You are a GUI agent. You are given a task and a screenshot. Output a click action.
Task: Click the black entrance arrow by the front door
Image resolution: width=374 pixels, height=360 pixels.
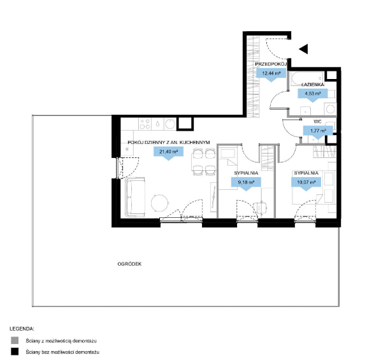click(304, 49)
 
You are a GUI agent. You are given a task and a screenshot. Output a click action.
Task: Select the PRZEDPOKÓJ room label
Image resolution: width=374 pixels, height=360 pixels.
click(271, 64)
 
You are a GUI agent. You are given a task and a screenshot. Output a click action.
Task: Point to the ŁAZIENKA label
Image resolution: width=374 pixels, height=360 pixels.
click(313, 85)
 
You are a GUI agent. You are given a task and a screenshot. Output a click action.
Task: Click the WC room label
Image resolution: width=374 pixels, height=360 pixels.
click(317, 122)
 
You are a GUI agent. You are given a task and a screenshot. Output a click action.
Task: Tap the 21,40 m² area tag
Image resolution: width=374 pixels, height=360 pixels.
click(168, 153)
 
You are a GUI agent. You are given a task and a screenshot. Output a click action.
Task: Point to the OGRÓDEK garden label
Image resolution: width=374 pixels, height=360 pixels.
click(129, 264)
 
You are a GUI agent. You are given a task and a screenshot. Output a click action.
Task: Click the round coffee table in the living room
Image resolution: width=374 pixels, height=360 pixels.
click(159, 203)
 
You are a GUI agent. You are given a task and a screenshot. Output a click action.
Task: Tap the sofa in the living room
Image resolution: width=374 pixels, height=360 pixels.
click(135, 198)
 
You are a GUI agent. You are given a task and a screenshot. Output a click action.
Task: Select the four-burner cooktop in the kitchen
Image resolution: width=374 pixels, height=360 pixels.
click(145, 124)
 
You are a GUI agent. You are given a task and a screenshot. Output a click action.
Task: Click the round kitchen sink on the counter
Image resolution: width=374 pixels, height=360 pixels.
click(170, 124)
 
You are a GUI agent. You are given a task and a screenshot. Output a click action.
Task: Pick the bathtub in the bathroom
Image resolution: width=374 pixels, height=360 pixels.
click(307, 78)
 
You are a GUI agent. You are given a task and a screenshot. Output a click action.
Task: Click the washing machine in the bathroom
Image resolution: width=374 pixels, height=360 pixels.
click(330, 109)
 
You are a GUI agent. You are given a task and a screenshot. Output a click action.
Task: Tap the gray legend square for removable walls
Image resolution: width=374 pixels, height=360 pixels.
click(15, 340)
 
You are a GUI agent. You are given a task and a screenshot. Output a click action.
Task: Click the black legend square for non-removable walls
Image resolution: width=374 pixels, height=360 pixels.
click(15, 352)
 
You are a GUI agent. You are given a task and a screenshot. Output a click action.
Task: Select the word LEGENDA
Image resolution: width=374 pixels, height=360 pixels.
click(22, 329)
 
